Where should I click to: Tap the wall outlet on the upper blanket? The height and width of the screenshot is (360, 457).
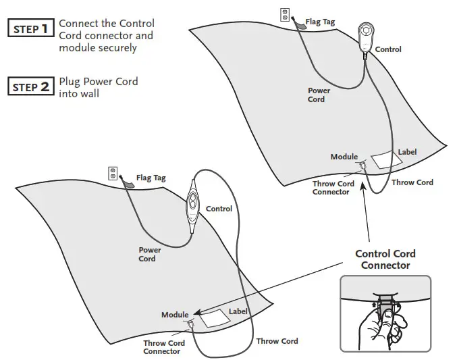[285, 14]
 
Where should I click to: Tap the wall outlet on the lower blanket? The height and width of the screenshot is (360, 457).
[113, 174]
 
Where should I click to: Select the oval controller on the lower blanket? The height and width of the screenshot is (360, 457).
[193, 206]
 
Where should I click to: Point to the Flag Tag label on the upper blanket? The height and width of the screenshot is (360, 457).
[319, 22]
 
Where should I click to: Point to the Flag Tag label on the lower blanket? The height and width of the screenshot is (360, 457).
[151, 179]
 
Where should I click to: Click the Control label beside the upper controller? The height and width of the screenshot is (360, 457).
[388, 49]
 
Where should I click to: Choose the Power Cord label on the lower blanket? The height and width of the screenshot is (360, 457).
[147, 254]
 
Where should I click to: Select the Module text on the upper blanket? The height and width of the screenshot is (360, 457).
[344, 157]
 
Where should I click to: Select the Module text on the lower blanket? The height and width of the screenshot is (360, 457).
[175, 315]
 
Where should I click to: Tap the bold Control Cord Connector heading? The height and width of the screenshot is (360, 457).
[385, 259]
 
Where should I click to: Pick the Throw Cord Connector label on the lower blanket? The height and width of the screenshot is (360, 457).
[163, 347]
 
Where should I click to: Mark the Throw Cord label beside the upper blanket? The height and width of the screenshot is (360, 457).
[412, 182]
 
